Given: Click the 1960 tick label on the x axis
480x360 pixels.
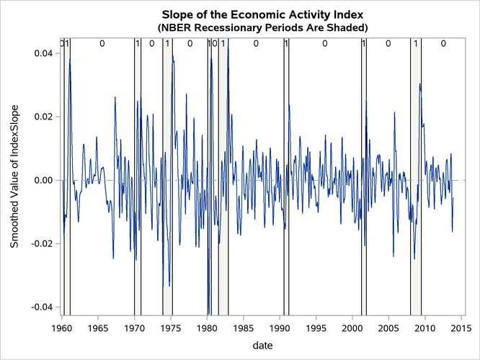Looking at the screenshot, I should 62,328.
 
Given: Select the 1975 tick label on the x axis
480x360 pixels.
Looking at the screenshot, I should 171,328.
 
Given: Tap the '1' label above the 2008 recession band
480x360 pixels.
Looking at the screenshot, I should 416,44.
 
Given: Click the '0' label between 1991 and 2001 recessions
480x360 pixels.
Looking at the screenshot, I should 325,44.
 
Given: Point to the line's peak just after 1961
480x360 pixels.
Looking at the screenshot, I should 70,60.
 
